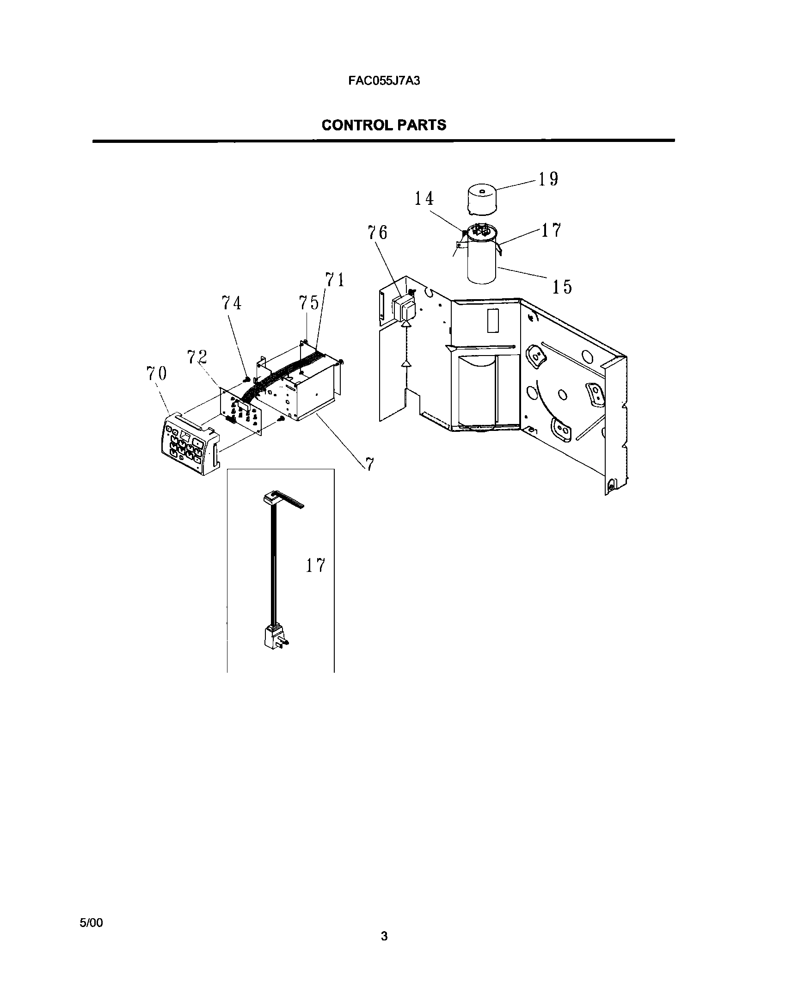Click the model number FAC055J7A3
click(384, 81)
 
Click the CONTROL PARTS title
click(384, 125)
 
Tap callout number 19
click(548, 179)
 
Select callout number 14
click(424, 199)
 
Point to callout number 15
click(562, 287)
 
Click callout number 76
click(377, 233)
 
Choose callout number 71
click(335, 280)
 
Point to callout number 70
click(156, 373)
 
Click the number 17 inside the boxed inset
click(315, 565)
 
